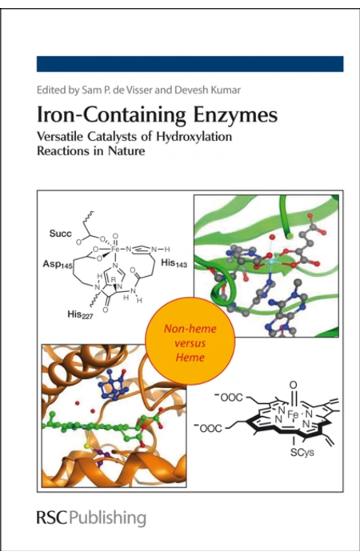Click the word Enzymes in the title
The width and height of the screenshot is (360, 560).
[235, 115]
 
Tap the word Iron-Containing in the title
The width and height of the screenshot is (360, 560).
[111, 115]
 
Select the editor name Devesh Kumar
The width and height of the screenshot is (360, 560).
[207, 90]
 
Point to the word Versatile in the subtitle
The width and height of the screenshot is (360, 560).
[60, 136]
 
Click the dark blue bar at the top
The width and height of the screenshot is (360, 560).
[190, 64]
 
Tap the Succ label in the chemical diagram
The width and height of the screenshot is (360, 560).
[60, 234]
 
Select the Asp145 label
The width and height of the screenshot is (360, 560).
[58, 264]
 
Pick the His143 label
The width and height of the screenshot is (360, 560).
[174, 263]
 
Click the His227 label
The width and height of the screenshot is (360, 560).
[80, 314]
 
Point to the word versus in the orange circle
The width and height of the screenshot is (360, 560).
[190, 343]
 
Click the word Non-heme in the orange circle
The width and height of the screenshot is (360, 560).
[190, 329]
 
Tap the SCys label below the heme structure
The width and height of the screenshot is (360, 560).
[302, 452]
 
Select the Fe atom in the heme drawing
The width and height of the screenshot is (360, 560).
[294, 414]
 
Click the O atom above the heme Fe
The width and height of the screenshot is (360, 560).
[294, 386]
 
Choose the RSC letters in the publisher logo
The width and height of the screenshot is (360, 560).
[52, 518]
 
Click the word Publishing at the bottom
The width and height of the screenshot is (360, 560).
[107, 518]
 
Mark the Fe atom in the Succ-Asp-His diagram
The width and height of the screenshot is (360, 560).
[115, 249]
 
